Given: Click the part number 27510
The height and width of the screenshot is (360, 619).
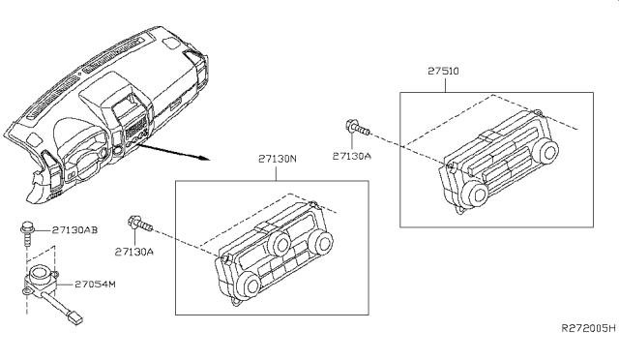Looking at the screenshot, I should tap(444, 71).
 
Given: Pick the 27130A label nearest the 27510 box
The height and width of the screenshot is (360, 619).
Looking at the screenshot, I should tap(352, 155).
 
